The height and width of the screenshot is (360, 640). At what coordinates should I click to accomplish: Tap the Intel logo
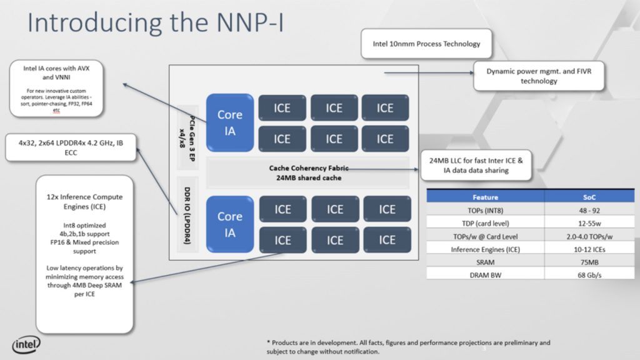tap(26, 344)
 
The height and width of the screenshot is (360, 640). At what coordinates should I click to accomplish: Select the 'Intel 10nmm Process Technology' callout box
tap(427, 44)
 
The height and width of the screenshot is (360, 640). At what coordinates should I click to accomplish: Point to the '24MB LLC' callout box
tap(477, 165)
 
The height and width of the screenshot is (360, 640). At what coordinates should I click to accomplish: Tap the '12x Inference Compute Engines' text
tap(84, 201)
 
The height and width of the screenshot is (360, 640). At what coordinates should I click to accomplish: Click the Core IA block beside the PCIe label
tap(229, 123)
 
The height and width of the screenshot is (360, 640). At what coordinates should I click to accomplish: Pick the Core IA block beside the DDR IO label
tap(229, 224)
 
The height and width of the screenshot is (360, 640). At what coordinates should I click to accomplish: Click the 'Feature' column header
tap(485, 197)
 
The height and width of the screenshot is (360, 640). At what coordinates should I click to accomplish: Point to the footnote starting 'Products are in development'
tap(407, 347)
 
